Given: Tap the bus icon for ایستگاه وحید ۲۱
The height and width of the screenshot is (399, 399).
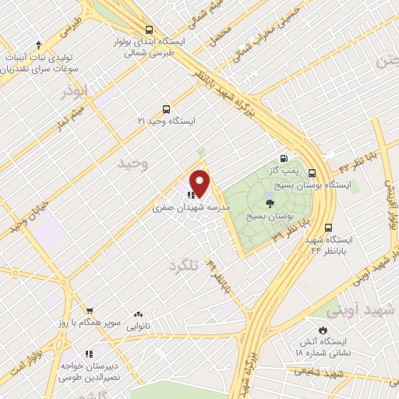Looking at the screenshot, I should tap(165, 109).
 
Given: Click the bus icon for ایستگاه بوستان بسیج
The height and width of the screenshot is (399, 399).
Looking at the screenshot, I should tap(312, 174).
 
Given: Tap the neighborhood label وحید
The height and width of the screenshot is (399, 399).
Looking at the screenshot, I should tap(132, 164).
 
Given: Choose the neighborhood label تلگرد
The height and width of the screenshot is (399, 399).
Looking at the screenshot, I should tap(185, 267).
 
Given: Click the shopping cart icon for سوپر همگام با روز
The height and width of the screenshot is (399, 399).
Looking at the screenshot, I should tap(90, 310).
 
